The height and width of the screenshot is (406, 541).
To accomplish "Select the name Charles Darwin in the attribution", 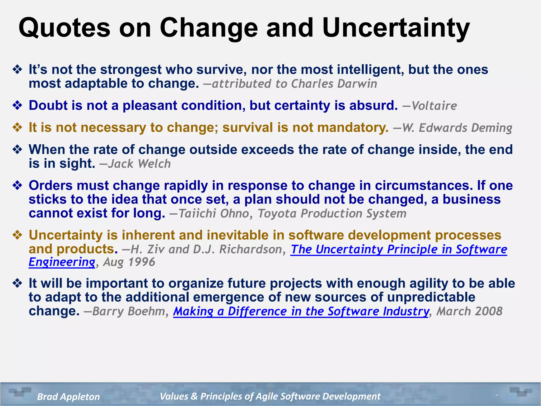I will tap(334, 84).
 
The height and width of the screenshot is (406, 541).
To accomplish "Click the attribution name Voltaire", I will tap(434, 106).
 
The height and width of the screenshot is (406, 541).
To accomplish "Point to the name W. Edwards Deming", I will tap(457, 128).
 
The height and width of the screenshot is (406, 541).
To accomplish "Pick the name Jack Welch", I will tap(139, 164).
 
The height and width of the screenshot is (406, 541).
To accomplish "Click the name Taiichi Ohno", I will tap(214, 214).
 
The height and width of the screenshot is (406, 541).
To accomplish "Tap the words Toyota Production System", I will tap(332, 214).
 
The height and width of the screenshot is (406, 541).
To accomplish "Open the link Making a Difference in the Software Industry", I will tap(301, 311).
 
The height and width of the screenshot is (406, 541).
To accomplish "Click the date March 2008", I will tap(469, 311).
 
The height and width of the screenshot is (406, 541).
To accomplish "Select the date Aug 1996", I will tap(129, 262).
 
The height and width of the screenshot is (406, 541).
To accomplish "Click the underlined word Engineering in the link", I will tap(62, 262).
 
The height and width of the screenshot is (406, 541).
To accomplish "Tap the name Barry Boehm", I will tap(129, 311).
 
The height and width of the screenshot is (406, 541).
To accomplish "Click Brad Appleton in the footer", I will tap(68, 396).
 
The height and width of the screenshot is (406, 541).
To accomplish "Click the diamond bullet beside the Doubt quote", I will tap(17, 105).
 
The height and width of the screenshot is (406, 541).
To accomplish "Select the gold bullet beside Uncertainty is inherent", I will tap(17, 235).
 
